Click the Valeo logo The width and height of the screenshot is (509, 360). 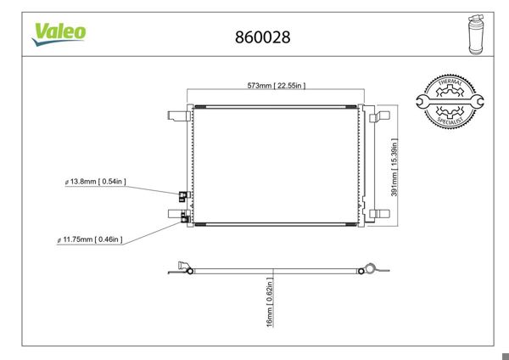point(59,34)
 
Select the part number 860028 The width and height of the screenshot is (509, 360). point(263,37)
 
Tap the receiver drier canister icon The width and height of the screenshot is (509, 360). point(476,35)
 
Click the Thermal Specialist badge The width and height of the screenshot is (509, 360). point(450,102)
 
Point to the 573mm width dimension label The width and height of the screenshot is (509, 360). point(277,86)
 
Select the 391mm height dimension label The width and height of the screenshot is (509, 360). point(394,167)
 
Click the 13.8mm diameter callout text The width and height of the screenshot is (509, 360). point(95,182)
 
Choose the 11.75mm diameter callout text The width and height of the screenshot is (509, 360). point(90,239)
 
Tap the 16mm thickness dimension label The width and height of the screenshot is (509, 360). point(270,302)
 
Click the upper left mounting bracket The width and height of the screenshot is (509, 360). point(179,115)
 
